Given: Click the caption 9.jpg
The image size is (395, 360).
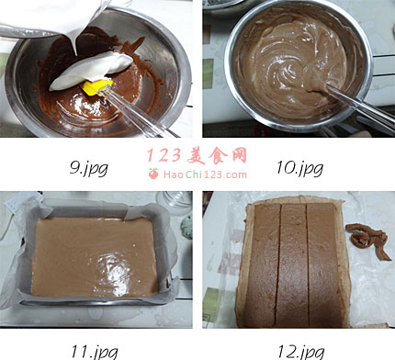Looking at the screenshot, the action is point(89,168).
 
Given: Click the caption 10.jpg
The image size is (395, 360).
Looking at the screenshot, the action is point(300,168).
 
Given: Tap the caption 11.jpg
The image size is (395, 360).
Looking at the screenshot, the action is point(95,352).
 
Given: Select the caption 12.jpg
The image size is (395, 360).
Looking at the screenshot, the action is point(301,352).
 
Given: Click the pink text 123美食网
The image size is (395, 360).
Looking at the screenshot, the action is point(197,155).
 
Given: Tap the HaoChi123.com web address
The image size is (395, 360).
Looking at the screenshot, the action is point(205,174).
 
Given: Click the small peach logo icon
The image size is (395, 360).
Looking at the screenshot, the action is point(153,174).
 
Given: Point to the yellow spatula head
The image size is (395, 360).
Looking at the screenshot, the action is point(96,86).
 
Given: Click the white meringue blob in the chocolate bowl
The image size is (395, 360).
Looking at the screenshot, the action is point(91,71).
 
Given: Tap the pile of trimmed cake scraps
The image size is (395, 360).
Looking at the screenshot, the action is point(367,242).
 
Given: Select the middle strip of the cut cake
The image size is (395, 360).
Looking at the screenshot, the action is point(293,265).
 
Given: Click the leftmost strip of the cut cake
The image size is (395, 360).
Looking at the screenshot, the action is point(263,265).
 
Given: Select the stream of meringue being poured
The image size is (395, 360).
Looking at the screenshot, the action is point(73,44).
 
